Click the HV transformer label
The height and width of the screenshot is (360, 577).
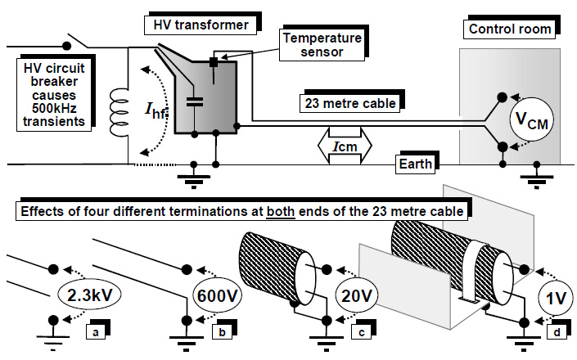pyautogui.click(x=200, y=25)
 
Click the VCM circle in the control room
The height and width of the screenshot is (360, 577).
pyautogui.click(x=531, y=121)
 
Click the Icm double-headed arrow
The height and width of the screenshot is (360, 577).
pyautogui.click(x=345, y=148)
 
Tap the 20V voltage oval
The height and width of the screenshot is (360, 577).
pyautogui.click(x=359, y=294)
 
